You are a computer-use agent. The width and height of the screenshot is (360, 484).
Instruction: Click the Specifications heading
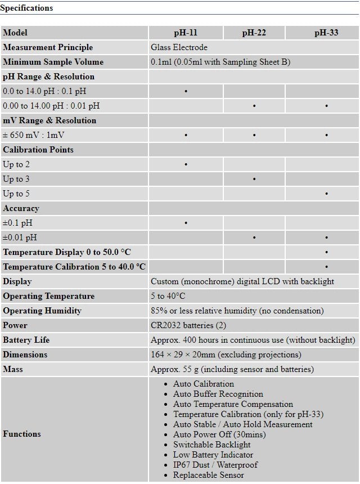[26, 8]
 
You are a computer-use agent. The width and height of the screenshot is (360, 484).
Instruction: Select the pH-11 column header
[186, 33]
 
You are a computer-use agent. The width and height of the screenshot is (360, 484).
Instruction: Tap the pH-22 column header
[254, 33]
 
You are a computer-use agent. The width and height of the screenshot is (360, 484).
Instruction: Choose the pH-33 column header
[326, 33]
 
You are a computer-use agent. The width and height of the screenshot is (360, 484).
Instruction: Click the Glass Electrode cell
[179, 47]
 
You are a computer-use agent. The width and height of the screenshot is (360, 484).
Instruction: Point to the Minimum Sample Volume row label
[53, 62]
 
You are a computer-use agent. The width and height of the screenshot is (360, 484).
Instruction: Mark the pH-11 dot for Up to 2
[186, 164]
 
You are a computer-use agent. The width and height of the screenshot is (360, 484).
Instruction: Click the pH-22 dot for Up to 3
[254, 179]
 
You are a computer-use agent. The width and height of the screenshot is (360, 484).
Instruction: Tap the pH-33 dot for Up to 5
[326, 194]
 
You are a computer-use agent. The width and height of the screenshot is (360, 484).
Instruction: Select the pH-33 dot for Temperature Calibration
[326, 267]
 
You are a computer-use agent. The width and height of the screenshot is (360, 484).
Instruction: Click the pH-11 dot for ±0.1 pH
[186, 223]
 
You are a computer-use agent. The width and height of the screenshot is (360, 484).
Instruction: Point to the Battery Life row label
[26, 340]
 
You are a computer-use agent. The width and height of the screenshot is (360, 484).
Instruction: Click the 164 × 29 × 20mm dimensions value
[226, 355]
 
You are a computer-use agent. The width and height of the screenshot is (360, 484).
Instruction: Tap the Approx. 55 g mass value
[232, 369]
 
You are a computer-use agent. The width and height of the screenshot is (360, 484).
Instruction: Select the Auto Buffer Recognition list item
[218, 394]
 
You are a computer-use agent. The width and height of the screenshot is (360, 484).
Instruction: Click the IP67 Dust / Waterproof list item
[215, 465]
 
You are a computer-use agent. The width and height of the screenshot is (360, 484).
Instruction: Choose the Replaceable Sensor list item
[208, 475]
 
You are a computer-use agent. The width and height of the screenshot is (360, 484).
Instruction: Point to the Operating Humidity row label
[42, 311]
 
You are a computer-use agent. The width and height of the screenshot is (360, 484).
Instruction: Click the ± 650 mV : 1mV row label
[34, 135]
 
